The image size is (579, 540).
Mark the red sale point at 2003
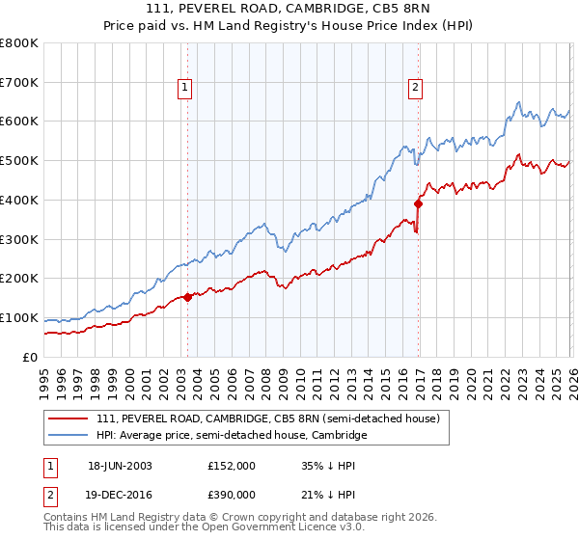click(x=187, y=297)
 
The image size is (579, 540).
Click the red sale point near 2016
click(x=418, y=203)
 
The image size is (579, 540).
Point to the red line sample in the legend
click(x=69, y=419)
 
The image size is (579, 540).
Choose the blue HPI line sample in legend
click(x=69, y=436)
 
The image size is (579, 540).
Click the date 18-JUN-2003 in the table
click(x=121, y=465)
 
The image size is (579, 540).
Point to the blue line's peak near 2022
click(x=519, y=102)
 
